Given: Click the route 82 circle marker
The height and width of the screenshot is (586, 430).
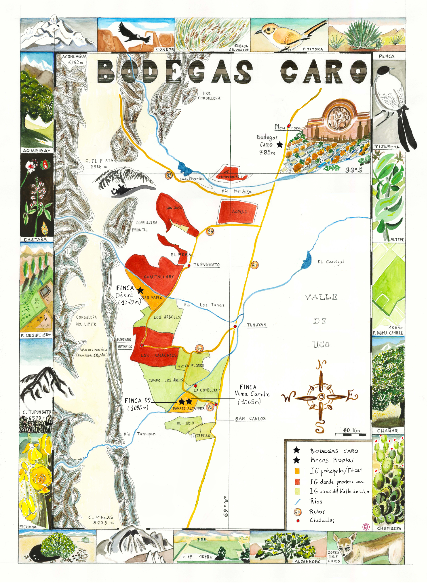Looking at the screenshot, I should click(x=169, y=175).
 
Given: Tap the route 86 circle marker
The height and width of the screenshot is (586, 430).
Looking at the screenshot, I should click(x=210, y=231).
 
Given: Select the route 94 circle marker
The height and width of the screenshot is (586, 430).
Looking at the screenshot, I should click(x=199, y=348).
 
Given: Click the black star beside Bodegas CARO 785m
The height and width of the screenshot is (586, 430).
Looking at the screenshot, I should click(x=280, y=144).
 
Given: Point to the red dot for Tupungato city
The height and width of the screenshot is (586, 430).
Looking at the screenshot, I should click(x=189, y=265).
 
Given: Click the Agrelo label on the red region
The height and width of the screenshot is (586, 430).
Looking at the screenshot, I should click(x=240, y=212).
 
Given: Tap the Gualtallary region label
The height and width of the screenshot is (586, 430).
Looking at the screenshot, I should click(x=159, y=277).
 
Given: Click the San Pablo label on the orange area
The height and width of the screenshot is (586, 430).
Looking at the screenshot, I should click(x=152, y=297).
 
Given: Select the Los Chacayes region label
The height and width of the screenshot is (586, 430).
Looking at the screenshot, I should click(x=159, y=355).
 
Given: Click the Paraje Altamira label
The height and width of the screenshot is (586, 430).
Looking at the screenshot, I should click(x=188, y=408).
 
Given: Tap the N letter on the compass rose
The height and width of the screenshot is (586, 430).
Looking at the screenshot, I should click(x=321, y=365).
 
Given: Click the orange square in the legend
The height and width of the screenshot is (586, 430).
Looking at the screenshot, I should click(x=297, y=471).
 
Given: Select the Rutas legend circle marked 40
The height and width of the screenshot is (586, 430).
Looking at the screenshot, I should click(x=297, y=512).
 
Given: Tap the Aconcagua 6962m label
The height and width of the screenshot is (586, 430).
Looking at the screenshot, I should click(x=74, y=59).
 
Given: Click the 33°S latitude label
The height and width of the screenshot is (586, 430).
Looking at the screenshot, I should click(x=353, y=170).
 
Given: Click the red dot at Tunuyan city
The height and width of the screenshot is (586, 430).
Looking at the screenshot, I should click(x=235, y=326).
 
